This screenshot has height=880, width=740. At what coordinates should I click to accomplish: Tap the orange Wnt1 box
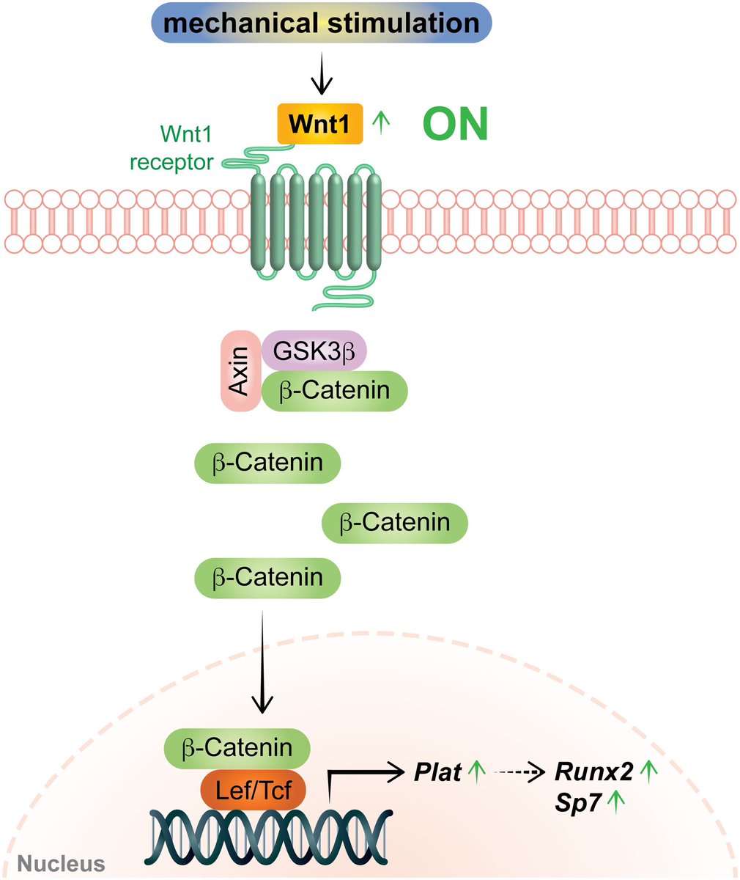tap(319, 123)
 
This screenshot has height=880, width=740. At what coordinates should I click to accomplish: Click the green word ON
tap(454, 125)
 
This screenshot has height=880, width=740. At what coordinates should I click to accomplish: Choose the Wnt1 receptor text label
tap(172, 147)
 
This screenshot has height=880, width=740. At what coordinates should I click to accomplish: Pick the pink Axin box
tap(240, 370)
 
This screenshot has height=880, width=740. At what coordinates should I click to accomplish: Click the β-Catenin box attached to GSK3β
tap(334, 389)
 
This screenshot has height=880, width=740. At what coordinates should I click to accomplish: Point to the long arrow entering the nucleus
tap(262, 660)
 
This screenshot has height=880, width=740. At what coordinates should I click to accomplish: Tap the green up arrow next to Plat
tap(477, 771)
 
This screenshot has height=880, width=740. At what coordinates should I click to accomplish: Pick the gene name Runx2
tap(593, 771)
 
